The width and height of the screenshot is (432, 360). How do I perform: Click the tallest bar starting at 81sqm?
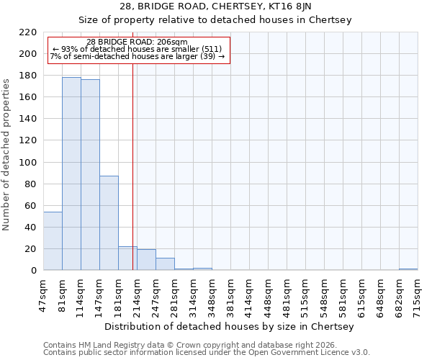(x=71, y=174)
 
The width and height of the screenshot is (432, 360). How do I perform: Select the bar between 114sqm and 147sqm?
(x=90, y=175)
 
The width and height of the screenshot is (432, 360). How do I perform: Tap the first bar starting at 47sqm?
(x=53, y=241)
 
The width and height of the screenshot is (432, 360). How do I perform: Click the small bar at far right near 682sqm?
(x=408, y=269)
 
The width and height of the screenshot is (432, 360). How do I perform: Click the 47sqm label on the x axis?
(x=43, y=294)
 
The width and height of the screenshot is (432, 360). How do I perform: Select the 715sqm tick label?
(x=418, y=294)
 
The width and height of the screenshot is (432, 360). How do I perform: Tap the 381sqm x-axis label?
(x=230, y=294)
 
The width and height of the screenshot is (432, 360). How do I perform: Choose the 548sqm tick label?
(x=324, y=294)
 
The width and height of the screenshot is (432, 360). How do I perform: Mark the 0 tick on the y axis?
(x=33, y=271)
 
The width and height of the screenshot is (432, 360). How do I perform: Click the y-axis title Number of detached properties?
(x=7, y=151)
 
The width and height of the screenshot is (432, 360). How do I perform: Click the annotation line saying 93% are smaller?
(x=138, y=49)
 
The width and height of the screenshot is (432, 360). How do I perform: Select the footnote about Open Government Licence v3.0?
(x=207, y=353)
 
